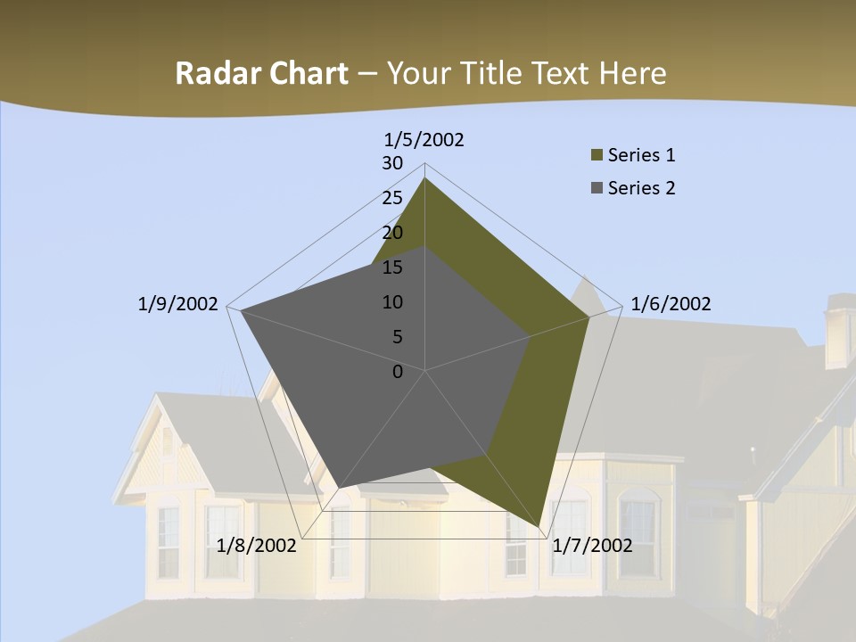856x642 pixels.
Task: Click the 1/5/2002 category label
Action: [424, 140]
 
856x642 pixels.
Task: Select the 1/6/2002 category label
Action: [671, 304]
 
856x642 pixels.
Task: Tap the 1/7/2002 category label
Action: [592, 545]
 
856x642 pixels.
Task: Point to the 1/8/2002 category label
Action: [257, 545]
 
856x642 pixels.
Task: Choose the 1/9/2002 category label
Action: [178, 304]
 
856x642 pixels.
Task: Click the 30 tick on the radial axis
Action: [392, 163]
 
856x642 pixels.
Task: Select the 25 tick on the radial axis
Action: [392, 198]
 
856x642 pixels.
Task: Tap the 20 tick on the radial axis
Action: [392, 233]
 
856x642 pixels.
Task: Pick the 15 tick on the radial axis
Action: [392, 267]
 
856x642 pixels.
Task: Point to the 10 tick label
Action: [392, 302]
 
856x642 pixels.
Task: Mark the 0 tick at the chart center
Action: [398, 372]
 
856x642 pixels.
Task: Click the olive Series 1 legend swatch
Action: [597, 155]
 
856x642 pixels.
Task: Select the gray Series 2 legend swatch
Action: [597, 188]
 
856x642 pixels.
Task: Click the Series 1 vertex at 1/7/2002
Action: [539, 528]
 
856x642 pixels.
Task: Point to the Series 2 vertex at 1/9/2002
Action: [241, 310]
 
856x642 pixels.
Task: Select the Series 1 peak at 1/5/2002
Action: [424, 178]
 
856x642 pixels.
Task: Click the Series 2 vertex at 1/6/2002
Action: [530, 336]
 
